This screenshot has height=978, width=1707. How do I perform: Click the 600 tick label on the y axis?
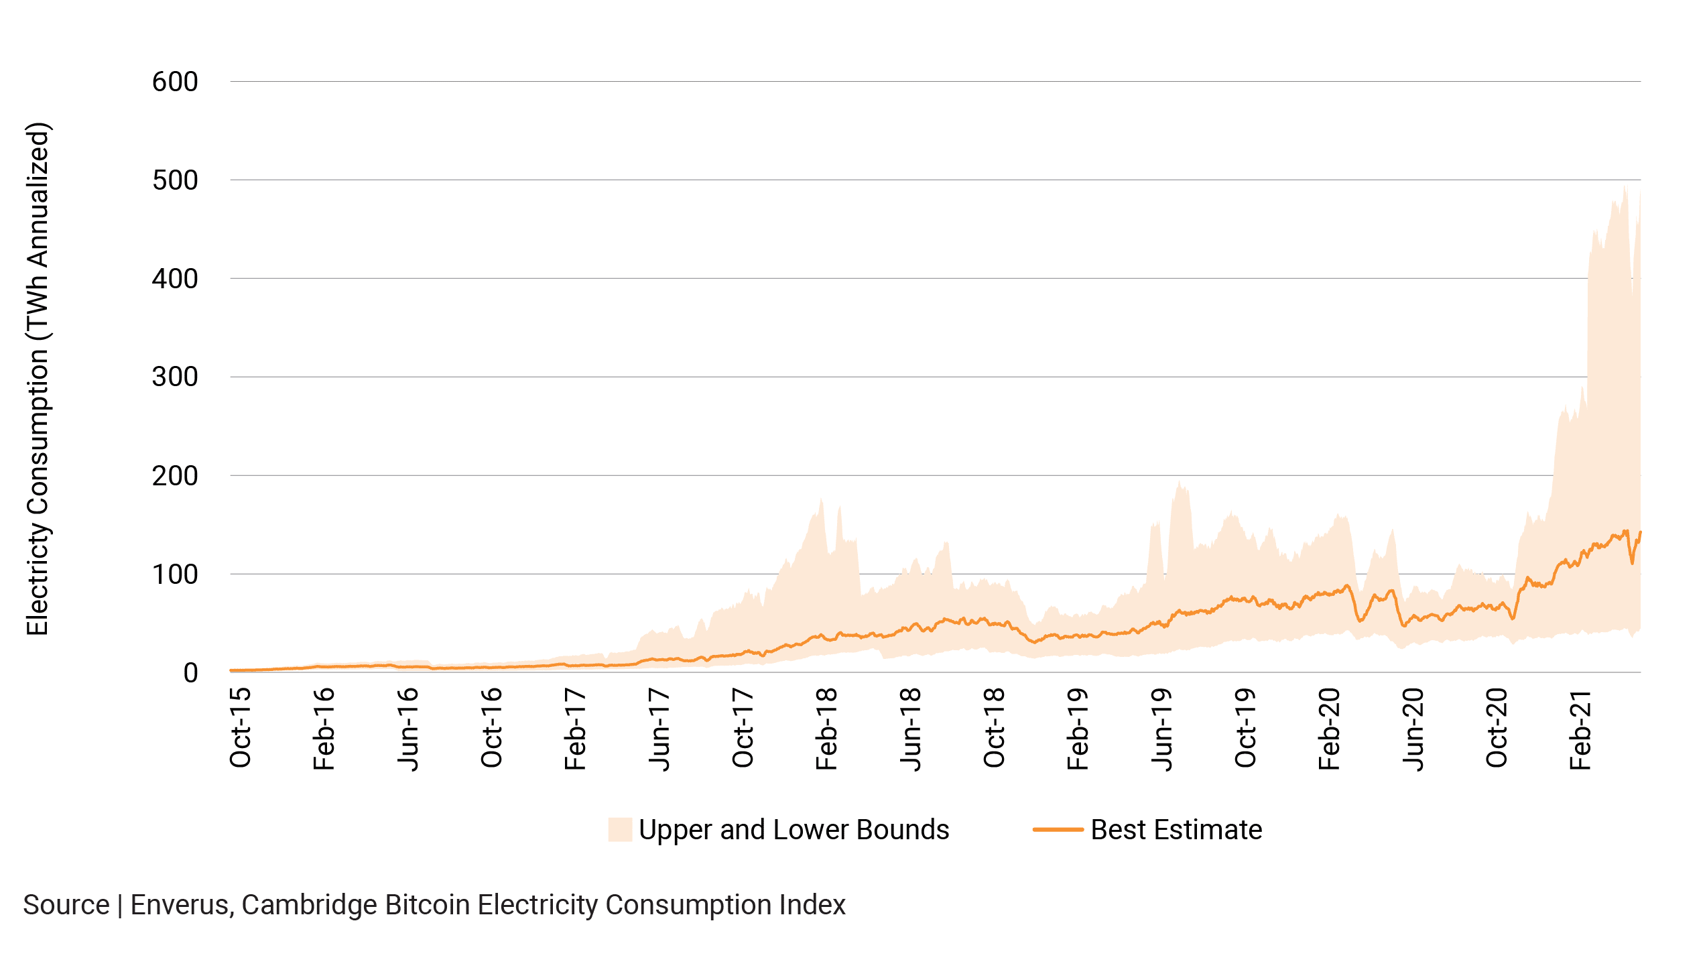(175, 82)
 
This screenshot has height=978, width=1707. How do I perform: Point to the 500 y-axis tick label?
(175, 181)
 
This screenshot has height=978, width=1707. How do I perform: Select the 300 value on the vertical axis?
(175, 377)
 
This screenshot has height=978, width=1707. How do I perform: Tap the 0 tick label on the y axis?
(191, 673)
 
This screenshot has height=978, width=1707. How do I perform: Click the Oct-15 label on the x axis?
(241, 728)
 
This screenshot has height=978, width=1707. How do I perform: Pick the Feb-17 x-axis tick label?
(576, 729)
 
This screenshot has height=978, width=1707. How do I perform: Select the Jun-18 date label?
(911, 729)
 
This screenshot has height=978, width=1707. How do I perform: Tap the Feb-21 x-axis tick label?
(1581, 729)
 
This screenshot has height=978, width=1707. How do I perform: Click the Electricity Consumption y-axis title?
(38, 379)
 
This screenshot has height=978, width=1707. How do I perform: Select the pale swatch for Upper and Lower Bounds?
(620, 831)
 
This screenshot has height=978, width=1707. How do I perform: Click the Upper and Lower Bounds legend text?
(794, 831)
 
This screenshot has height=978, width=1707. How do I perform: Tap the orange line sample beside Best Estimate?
(1058, 831)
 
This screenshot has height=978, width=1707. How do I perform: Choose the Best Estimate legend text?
(1176, 831)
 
